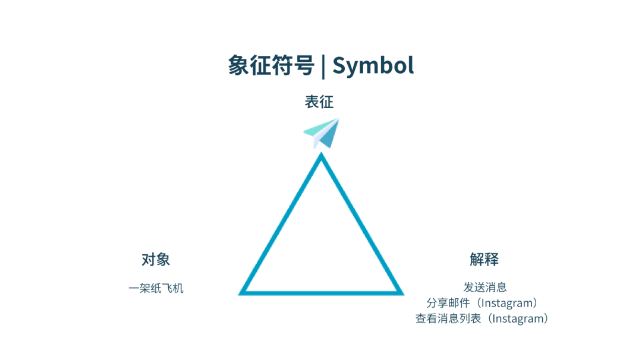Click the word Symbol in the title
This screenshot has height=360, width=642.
click(x=373, y=65)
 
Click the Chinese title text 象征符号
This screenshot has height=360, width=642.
click(x=270, y=65)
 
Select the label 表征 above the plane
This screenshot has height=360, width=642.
click(x=319, y=102)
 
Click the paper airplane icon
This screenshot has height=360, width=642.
click(x=322, y=133)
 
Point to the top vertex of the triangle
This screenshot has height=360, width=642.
click(x=321, y=156)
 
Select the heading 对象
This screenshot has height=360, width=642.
click(x=156, y=260)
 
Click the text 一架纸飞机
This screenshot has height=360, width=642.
click(x=156, y=289)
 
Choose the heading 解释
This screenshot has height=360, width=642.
click(x=484, y=260)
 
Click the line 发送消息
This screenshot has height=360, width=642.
click(x=484, y=288)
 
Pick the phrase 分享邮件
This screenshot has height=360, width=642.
click(x=448, y=303)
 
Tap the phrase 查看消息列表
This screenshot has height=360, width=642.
click(x=448, y=318)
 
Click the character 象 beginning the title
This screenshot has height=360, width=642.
click(x=238, y=65)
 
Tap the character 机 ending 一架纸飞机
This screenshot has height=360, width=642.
click(x=178, y=289)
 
